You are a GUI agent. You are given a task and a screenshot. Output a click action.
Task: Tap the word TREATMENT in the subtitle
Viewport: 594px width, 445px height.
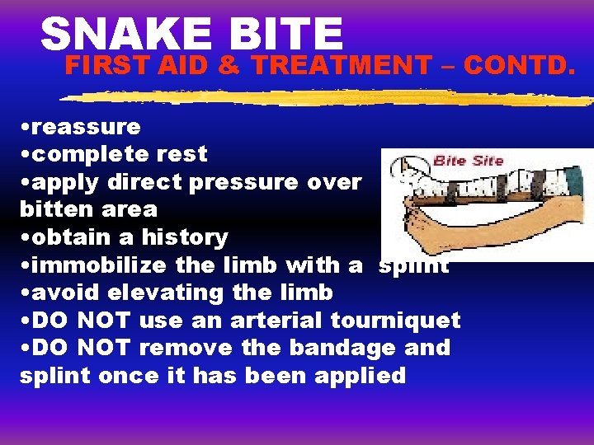pos(341,64)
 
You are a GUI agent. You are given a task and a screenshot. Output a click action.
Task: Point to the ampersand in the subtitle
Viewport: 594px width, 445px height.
pos(231,64)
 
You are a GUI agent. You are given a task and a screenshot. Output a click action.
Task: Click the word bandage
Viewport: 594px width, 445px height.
pos(346,348)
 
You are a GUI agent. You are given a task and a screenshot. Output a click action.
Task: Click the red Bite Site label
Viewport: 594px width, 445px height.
pos(468,160)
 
